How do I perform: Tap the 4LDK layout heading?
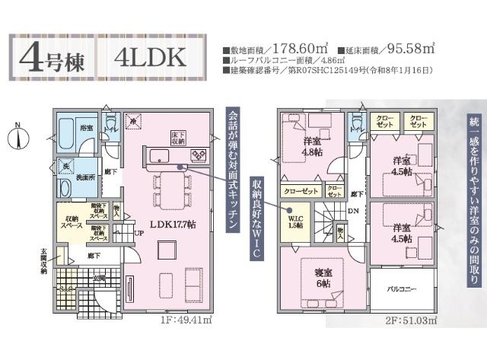pos(151,56)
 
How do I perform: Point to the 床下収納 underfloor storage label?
pos(177,138)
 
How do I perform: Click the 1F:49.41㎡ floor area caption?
pos(187,322)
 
